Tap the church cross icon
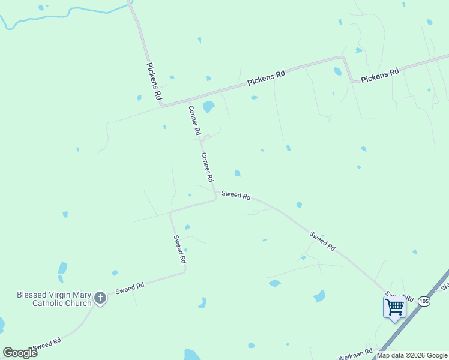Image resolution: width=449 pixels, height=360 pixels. pos(101,298)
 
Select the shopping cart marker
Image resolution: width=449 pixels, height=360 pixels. pos(394,307)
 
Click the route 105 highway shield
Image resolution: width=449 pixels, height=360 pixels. pos(424,301)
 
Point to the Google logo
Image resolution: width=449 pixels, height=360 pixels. pos(20,353)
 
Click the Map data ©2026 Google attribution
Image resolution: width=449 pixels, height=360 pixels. pos(412,355)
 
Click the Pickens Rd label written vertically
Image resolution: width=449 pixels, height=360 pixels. pos(154,81)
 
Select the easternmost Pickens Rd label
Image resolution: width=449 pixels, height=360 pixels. pos(380,75)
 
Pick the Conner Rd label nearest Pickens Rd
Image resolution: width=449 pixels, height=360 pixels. pos(194,120)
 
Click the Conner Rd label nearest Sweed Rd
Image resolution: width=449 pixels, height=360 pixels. pos(207,167)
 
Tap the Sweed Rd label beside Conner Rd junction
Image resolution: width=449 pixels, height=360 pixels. pos(235,195)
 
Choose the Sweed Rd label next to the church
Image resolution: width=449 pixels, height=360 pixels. pos(130,288)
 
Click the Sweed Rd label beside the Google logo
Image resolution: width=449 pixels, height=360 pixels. pos(47,344)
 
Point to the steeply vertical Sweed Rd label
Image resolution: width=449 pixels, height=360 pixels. pos(179,250)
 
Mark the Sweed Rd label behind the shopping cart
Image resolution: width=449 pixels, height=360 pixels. pos(400,296)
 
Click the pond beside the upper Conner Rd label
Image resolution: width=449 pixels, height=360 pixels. pos(208,107)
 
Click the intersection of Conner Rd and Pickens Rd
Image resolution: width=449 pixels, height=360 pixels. pos(190,100)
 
